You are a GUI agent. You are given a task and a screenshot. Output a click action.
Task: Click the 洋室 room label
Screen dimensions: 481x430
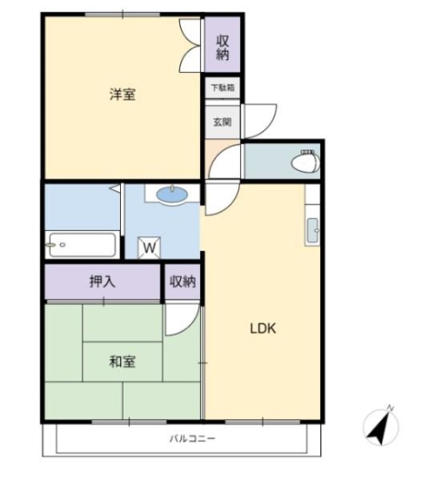click(x=122, y=94)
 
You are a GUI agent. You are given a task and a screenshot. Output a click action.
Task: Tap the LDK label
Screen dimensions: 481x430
click(x=263, y=328)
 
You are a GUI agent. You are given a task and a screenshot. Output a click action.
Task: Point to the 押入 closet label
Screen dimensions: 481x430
click(x=102, y=281)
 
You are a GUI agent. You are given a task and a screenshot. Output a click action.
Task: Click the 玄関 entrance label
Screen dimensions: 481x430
click(x=222, y=122)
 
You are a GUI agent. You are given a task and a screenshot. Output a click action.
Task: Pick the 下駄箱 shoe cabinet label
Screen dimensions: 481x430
click(x=222, y=88)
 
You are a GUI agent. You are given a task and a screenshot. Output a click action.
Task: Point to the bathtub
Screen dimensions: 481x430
click(x=81, y=246)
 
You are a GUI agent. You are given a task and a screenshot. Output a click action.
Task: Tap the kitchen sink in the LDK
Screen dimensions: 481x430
click(x=312, y=230)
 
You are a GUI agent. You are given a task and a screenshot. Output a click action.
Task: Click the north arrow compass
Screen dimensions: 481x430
click(x=379, y=427)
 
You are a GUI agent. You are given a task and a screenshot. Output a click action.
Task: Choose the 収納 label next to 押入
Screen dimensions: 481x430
click(x=182, y=281)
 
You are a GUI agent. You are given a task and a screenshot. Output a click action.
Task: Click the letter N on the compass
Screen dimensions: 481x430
click(x=391, y=408)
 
